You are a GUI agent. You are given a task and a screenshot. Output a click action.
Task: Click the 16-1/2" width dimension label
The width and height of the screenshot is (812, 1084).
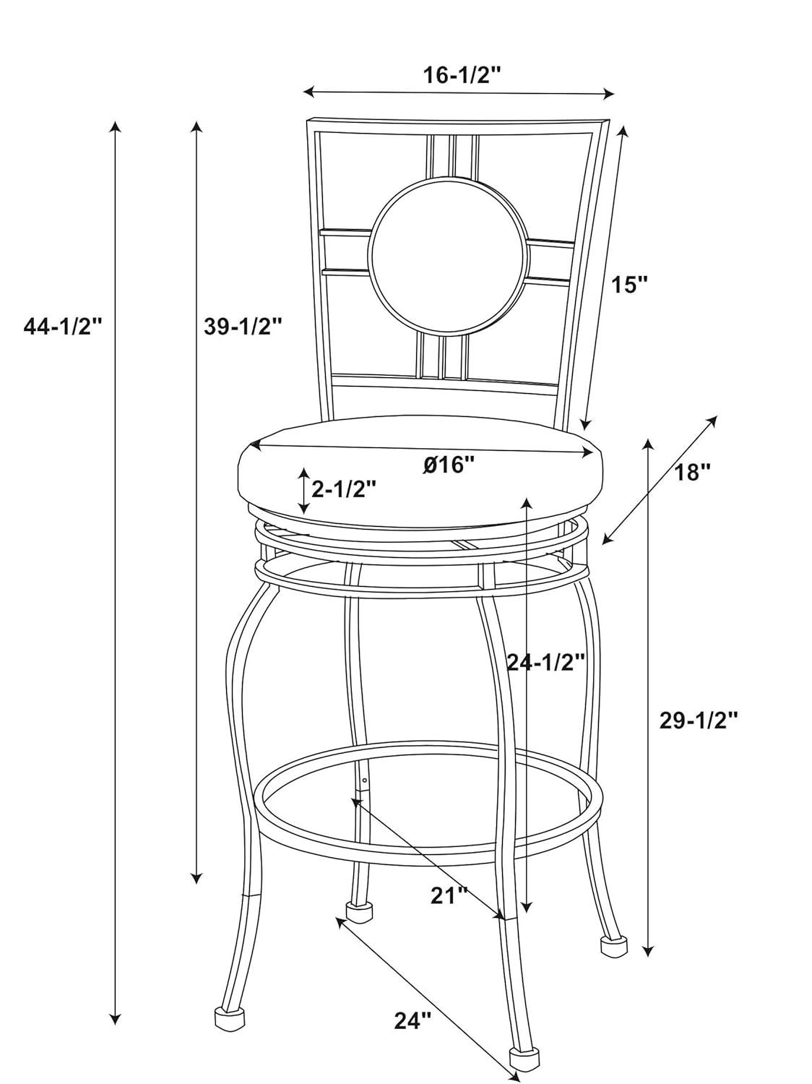(x=462, y=76)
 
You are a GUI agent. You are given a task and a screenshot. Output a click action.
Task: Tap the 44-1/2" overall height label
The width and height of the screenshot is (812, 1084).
(x=63, y=327)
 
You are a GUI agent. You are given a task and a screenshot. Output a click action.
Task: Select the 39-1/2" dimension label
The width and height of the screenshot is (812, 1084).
(x=243, y=327)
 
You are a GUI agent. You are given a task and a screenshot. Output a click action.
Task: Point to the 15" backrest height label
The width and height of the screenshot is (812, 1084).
(x=629, y=285)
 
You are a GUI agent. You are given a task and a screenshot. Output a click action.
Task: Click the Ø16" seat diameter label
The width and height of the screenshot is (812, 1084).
(x=448, y=465)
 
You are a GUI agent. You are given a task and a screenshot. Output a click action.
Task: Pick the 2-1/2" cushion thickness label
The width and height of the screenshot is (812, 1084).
(x=344, y=489)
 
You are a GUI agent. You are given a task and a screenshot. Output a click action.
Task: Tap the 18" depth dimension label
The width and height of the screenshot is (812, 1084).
(x=692, y=473)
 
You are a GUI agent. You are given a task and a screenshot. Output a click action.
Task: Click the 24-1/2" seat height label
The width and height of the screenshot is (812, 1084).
(x=546, y=662)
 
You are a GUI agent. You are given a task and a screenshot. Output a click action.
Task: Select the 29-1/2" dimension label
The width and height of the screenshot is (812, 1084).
(x=699, y=721)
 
